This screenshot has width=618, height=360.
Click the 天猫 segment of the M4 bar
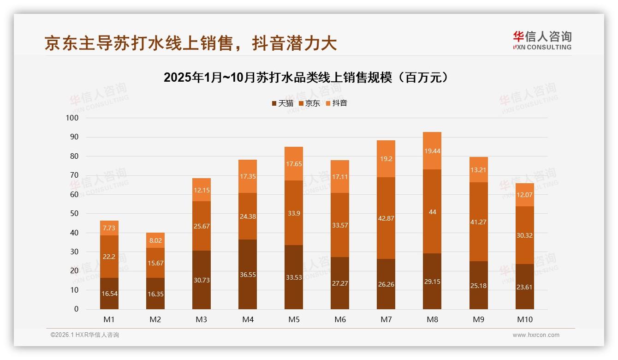[248, 274]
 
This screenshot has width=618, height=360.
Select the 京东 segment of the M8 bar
[432, 211]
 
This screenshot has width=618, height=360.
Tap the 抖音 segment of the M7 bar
[386, 159]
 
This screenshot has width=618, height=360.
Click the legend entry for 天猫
[282, 103]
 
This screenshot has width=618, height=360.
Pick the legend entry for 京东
[309, 103]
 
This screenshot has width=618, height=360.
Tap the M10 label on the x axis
[524, 319]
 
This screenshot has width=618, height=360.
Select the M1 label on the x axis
[109, 319]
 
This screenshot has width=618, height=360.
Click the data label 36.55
[248, 275]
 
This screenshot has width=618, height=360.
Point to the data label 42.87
[386, 218]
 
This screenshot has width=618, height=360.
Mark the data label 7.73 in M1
[109, 228]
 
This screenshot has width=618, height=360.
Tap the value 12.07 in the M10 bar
[524, 195]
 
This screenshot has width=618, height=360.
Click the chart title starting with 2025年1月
[306, 78]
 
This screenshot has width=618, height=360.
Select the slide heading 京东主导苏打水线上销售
[190, 43]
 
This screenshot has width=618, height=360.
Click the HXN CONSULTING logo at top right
[542, 41]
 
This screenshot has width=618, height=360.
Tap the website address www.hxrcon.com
[536, 335]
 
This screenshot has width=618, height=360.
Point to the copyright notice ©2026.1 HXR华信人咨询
[85, 335]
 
